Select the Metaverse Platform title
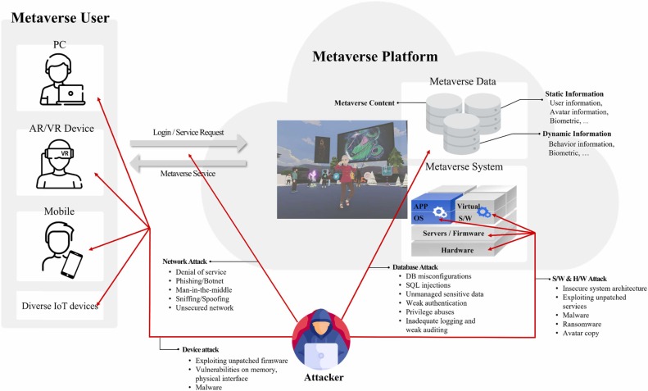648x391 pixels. tap(374, 57)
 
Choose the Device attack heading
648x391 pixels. tap(206, 349)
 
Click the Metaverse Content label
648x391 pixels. tap(365, 103)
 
